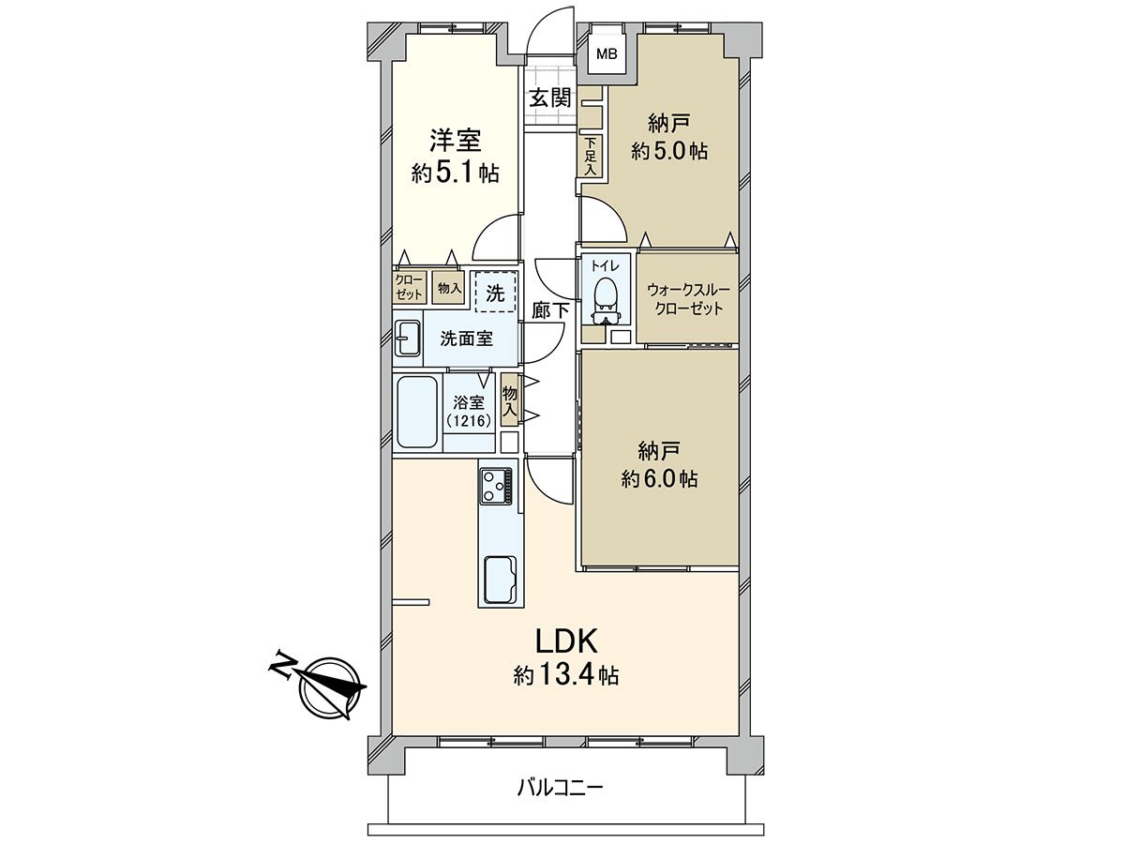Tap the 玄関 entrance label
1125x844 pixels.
pos(549,98)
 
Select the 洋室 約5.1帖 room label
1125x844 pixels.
pos(455,157)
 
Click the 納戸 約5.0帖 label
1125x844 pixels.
pos(668,138)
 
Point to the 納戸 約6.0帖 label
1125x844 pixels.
pos(658,465)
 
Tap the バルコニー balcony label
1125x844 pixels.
pos(561,787)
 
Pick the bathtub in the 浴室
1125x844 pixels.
pos(416,413)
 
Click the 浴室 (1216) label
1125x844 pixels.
pos(465,412)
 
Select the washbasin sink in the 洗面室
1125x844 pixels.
pos(408,339)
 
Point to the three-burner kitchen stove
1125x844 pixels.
pos(497,486)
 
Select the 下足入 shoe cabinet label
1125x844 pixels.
pos(591,157)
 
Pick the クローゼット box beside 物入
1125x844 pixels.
pos(409,287)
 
